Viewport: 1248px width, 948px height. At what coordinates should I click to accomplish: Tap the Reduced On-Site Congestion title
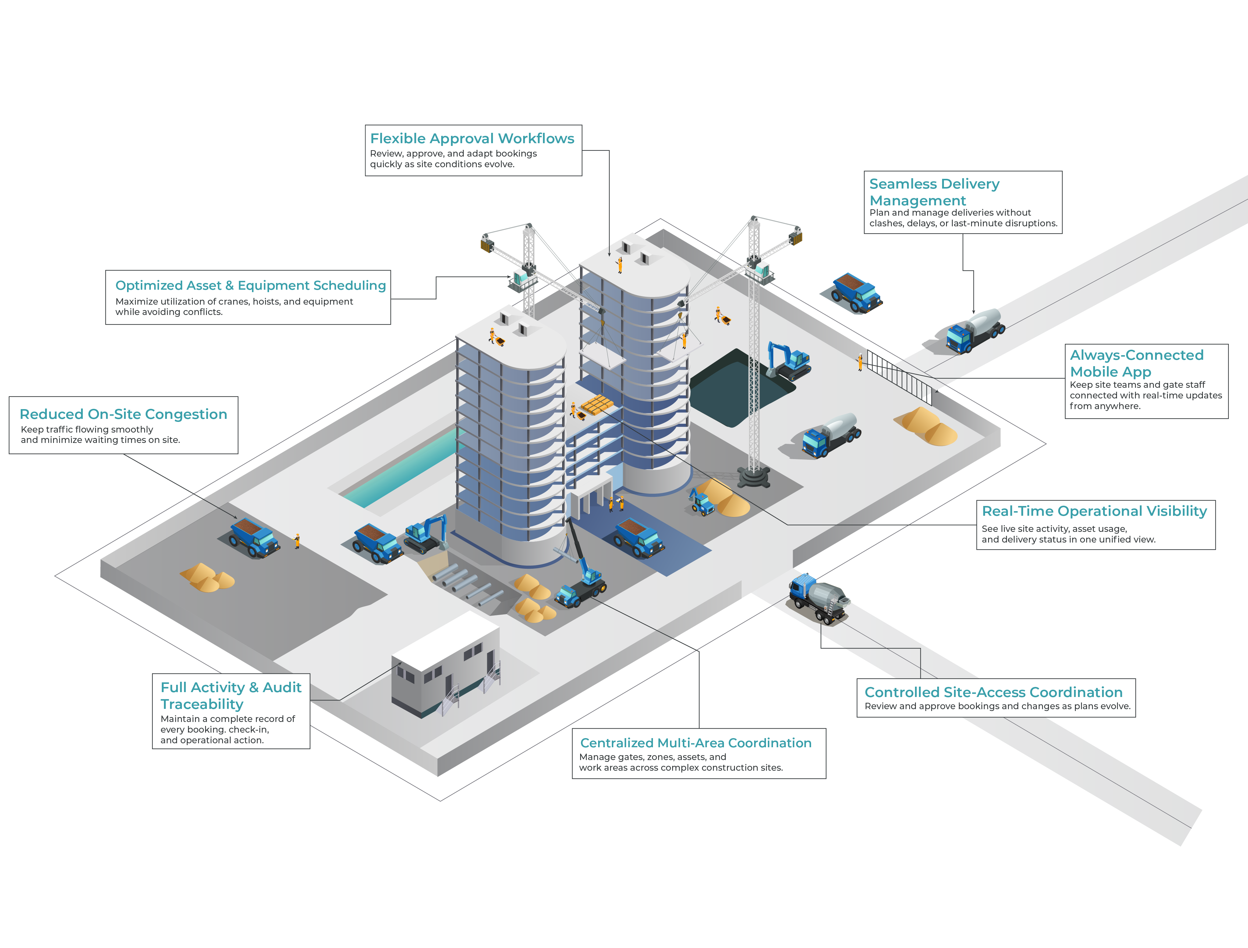pyautogui.click(x=123, y=414)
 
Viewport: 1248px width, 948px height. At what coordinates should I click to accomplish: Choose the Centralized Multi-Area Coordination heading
pyautogui.click(x=695, y=743)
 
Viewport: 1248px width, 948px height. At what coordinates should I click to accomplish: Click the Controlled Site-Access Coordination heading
pyautogui.click(x=993, y=692)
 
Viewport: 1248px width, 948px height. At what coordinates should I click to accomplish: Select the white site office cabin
pyautogui.click(x=445, y=663)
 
